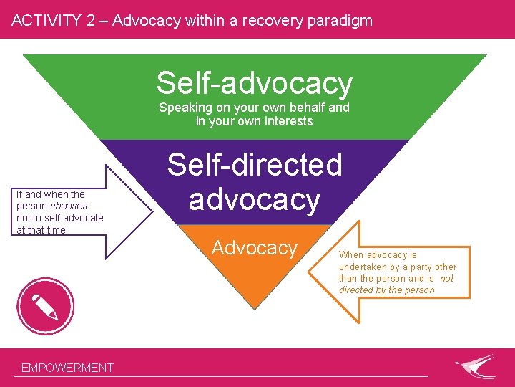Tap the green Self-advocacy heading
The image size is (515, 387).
click(255, 83)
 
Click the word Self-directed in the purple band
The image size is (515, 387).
click(255, 165)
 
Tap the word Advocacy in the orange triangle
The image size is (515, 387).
click(255, 248)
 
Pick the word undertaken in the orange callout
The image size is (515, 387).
click(364, 267)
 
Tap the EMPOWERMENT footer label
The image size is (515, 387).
click(67, 368)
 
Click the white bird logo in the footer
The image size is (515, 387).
click(475, 366)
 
